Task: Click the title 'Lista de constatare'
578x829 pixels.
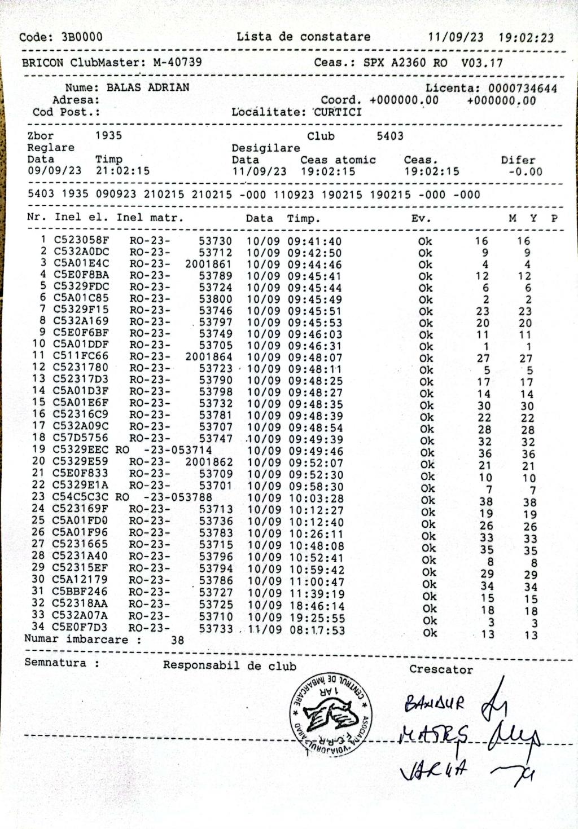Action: pyautogui.click(x=303, y=37)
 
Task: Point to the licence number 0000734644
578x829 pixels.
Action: pyautogui.click(x=523, y=89)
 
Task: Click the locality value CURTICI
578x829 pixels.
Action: pyautogui.click(x=338, y=112)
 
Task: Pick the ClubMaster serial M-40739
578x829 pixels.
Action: pyautogui.click(x=177, y=62)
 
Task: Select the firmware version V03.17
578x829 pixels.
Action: pyautogui.click(x=481, y=63)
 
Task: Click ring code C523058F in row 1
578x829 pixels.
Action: pyautogui.click(x=81, y=240)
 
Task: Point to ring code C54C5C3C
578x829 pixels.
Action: pyautogui.click(x=81, y=497)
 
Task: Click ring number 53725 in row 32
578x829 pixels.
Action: pyautogui.click(x=216, y=604)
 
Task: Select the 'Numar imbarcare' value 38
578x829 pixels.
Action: pyautogui.click(x=177, y=641)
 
